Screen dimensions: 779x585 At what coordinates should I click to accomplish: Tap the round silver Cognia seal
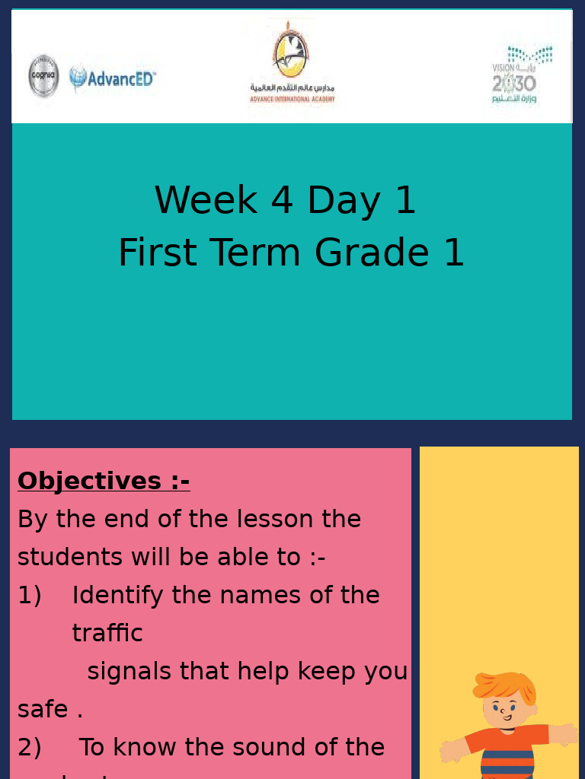point(43,76)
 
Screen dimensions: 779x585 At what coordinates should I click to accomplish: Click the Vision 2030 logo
point(520,75)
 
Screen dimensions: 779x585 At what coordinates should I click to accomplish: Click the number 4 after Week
point(282,201)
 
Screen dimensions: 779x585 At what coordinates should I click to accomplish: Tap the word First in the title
point(158,253)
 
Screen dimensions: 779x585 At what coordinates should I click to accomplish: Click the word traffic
point(107,633)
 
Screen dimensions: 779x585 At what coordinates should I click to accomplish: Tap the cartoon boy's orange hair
point(504,685)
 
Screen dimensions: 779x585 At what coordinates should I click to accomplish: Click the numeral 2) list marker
point(30,748)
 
